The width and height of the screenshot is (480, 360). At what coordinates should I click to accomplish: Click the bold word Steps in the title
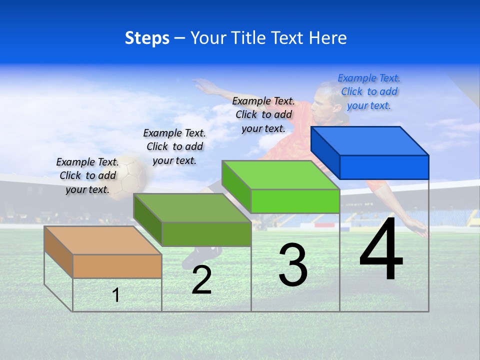tap(147, 38)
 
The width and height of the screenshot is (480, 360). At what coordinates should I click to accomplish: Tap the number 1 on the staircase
tap(115, 295)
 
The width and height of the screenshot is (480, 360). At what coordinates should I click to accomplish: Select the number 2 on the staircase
tap(201, 280)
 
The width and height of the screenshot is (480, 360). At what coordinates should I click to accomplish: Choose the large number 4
tap(381, 250)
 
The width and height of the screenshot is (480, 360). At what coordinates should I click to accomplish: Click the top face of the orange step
tap(102, 240)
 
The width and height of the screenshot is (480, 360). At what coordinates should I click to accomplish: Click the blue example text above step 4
tap(369, 92)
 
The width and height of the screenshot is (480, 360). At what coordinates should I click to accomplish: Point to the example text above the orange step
tap(87, 176)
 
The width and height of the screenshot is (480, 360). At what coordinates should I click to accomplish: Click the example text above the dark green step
tap(174, 147)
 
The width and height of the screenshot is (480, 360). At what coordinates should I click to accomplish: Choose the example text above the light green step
tap(263, 115)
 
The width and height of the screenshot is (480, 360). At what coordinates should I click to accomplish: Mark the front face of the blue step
tap(384, 167)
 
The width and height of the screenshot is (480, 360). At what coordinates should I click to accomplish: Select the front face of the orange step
tap(117, 266)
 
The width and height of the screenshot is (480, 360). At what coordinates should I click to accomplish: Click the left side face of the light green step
tap(236, 187)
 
